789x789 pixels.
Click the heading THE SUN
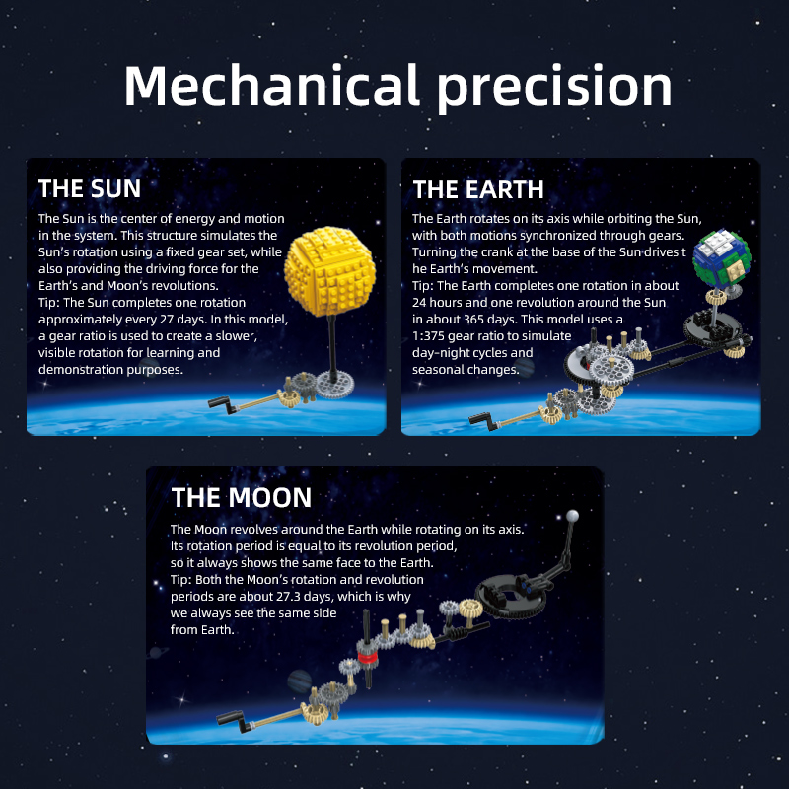pos(90,188)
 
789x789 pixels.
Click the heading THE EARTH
pos(478,189)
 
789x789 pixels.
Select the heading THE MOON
pos(242,498)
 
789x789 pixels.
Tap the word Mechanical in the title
pos(272,85)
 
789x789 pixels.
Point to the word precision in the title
pos(554,88)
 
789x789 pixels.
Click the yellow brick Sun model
pos(330,271)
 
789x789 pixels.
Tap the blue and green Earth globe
pos(722,259)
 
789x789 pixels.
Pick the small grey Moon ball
pos(572,516)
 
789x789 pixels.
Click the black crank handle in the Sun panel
pos(222,404)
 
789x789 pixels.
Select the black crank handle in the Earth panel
pos(482,421)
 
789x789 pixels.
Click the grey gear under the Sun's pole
pos(334,385)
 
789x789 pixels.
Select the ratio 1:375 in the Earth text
pos(428,336)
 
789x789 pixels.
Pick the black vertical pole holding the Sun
pos(332,347)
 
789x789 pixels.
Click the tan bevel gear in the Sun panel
pos(289,398)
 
